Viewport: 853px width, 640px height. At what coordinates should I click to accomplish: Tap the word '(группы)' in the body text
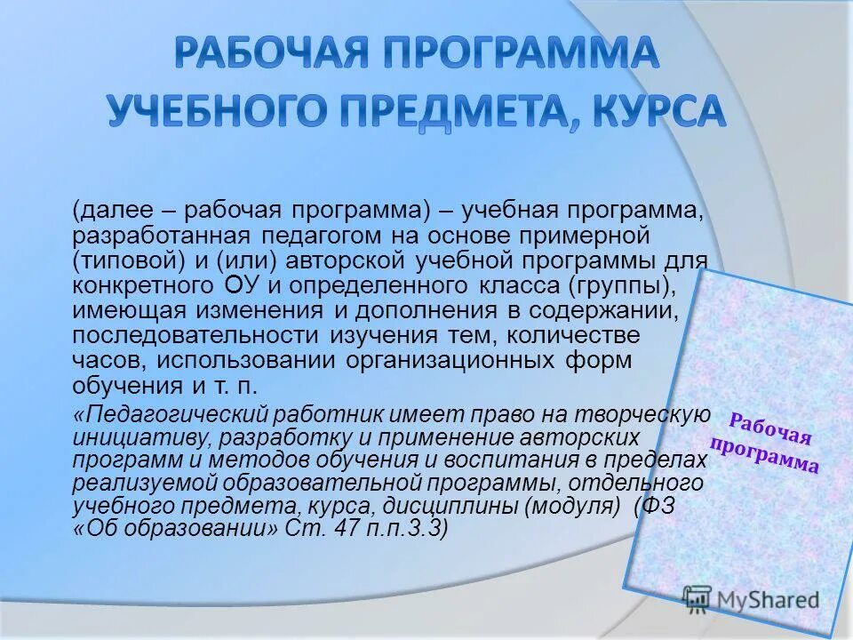click(x=625, y=286)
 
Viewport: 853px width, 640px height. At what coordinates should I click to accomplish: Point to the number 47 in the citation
click(x=348, y=528)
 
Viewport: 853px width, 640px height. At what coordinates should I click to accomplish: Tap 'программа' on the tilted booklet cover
click(x=765, y=455)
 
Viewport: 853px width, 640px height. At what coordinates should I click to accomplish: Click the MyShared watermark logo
click(x=751, y=599)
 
